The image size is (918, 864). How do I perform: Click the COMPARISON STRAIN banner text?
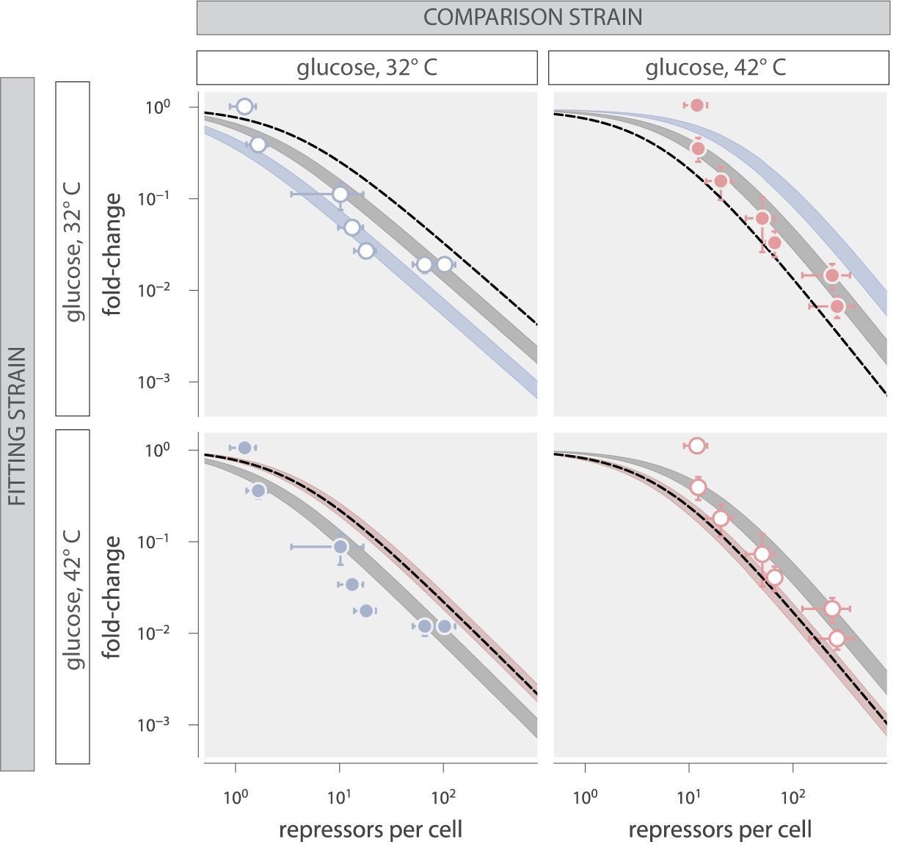[533, 18]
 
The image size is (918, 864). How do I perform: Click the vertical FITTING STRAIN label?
[17, 426]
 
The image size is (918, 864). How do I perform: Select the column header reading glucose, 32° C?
[367, 68]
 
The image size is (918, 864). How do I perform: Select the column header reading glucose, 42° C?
[716, 68]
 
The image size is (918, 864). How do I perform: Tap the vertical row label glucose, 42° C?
[73, 599]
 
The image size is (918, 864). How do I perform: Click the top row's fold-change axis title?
[112, 254]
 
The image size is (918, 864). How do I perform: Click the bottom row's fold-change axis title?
[112, 597]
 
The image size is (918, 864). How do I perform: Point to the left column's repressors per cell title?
[371, 829]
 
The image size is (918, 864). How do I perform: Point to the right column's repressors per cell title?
[720, 829]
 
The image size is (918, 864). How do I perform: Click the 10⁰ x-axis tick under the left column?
[236, 797]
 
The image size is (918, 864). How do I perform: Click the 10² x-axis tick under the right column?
[793, 797]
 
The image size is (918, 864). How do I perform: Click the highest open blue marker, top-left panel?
[245, 106]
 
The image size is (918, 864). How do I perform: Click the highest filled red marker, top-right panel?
[697, 105]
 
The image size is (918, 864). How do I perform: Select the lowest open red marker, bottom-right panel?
[837, 639]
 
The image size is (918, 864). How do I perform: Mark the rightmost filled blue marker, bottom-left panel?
[444, 626]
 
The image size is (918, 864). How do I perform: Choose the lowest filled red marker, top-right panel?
[837, 306]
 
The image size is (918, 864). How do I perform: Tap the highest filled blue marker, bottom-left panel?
[245, 448]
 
